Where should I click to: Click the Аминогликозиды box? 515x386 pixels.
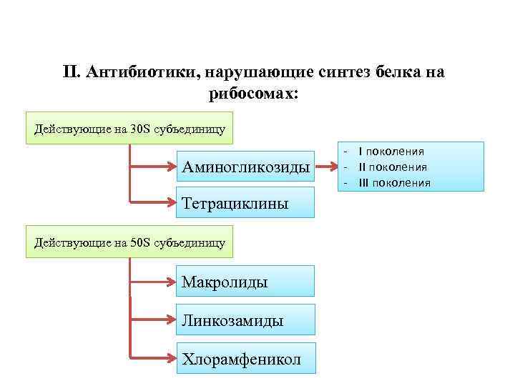245,168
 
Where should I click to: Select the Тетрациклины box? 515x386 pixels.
245,204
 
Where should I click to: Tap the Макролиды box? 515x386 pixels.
245,282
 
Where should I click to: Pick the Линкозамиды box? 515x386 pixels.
245,320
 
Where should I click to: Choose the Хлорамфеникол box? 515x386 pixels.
245,358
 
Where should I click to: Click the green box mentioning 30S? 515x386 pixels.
129,129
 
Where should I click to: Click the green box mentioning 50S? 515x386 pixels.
129,243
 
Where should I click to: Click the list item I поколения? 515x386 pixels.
391,152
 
